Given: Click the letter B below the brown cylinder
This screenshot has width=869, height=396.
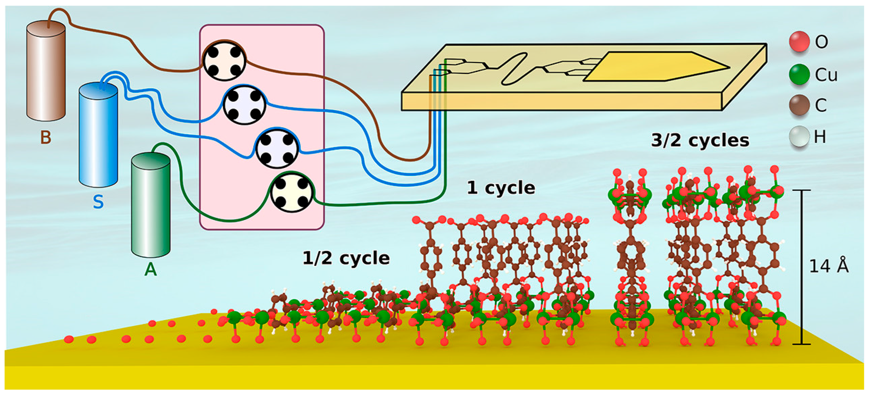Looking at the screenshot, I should coord(46,137).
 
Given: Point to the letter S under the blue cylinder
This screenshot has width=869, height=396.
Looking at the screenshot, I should coord(98,202).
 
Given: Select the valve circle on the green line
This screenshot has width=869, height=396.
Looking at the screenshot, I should coord(292,192).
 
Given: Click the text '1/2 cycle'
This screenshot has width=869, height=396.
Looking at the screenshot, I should coord(346,258).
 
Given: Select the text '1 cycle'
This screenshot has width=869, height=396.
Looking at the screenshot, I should coord(501,188).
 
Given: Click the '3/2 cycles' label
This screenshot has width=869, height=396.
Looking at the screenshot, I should coord(700,140).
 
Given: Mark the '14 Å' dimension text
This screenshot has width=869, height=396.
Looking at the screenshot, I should coord(829,266).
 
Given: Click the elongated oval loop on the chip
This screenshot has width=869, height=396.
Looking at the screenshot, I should coord(514,69).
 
